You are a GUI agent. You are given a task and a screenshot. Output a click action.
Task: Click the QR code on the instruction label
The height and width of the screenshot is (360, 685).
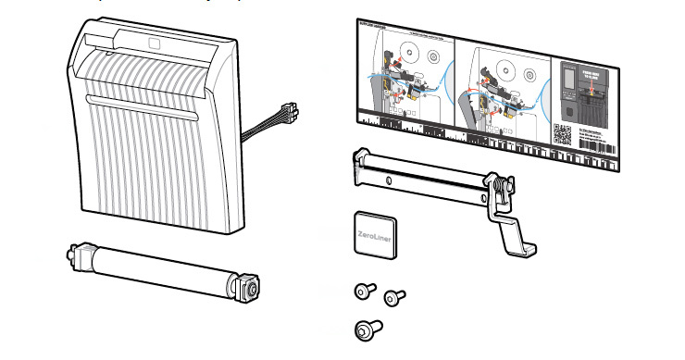[563, 135]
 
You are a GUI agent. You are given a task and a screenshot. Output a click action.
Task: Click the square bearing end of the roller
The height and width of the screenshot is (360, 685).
[251, 286]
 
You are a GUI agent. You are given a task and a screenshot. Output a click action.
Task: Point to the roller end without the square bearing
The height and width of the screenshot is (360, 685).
[75, 251]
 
